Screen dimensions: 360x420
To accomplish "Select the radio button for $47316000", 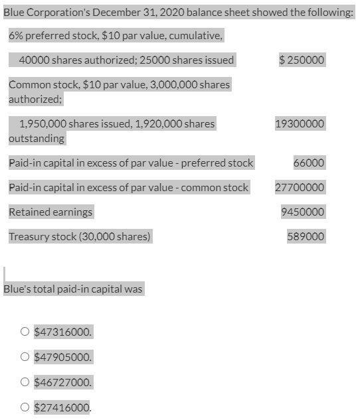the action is tap(25, 332).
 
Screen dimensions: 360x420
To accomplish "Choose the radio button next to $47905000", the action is tap(25, 357).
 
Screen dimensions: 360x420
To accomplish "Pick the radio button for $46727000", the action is tap(25, 382).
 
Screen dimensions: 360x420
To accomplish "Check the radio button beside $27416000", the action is tap(25, 407).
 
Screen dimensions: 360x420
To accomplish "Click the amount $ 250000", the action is tap(302, 60).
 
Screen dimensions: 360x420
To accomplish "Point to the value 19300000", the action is tap(300, 124).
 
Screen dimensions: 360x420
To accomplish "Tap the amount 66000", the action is tap(309, 163).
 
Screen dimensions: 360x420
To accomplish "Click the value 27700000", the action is tap(300, 187).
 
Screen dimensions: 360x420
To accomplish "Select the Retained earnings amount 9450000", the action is tap(303, 212).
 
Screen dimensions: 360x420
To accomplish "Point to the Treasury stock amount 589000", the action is tap(306, 236).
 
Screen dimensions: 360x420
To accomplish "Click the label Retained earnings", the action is tap(50, 212).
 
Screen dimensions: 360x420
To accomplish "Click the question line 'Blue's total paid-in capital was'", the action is tap(73, 289).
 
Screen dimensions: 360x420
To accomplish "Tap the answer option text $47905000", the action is tap(63, 357).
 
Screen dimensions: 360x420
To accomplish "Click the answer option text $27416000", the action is tap(63, 407).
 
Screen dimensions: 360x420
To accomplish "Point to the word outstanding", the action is tap(37, 139).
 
